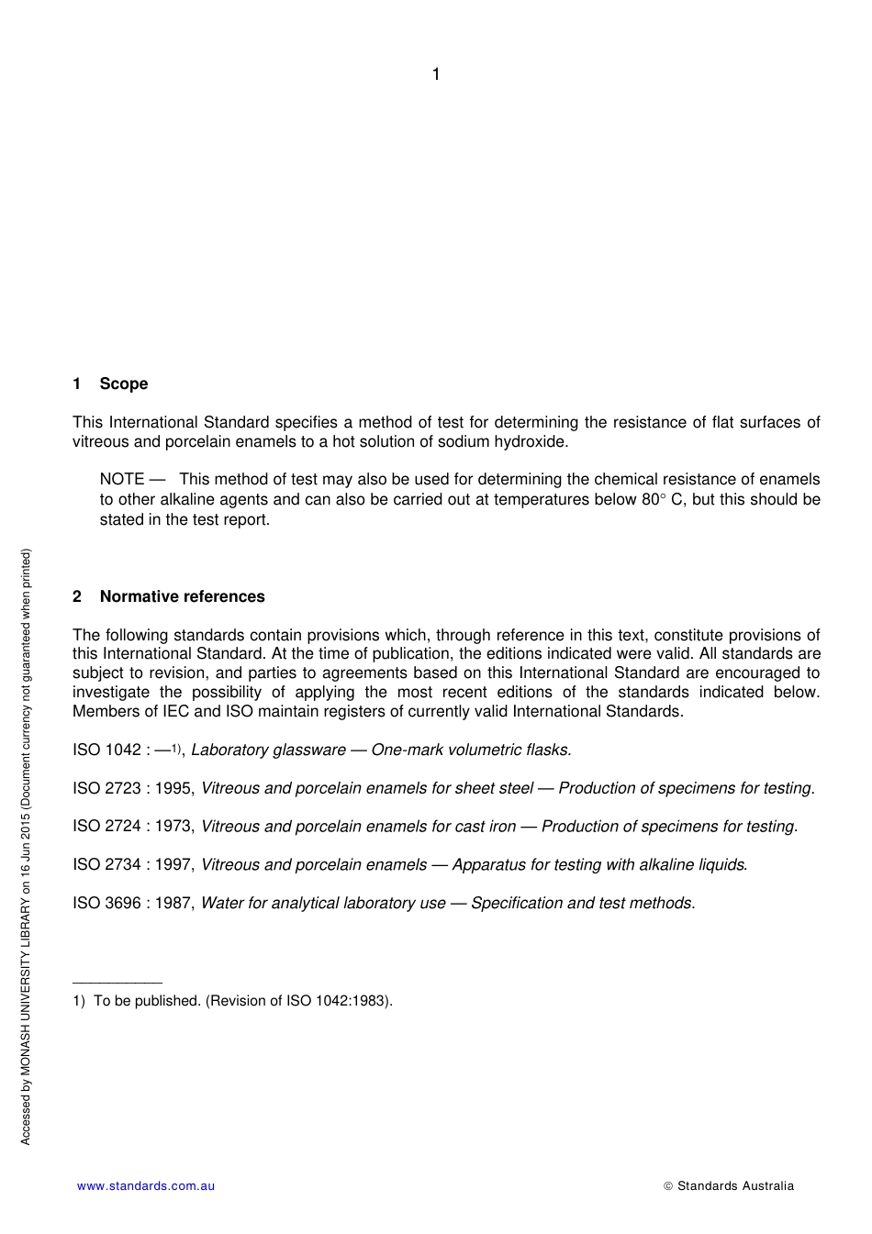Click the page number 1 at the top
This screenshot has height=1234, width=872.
436,74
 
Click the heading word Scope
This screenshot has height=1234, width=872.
124,384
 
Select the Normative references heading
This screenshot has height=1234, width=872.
182,596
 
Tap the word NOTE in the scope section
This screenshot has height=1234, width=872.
122,479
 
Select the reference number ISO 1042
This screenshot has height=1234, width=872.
106,750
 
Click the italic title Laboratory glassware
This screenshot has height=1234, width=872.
268,750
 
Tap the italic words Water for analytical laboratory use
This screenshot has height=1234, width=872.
323,903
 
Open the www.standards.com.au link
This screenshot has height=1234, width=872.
146,1185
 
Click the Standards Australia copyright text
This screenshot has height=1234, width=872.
734,1185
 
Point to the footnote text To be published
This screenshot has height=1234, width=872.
147,1000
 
